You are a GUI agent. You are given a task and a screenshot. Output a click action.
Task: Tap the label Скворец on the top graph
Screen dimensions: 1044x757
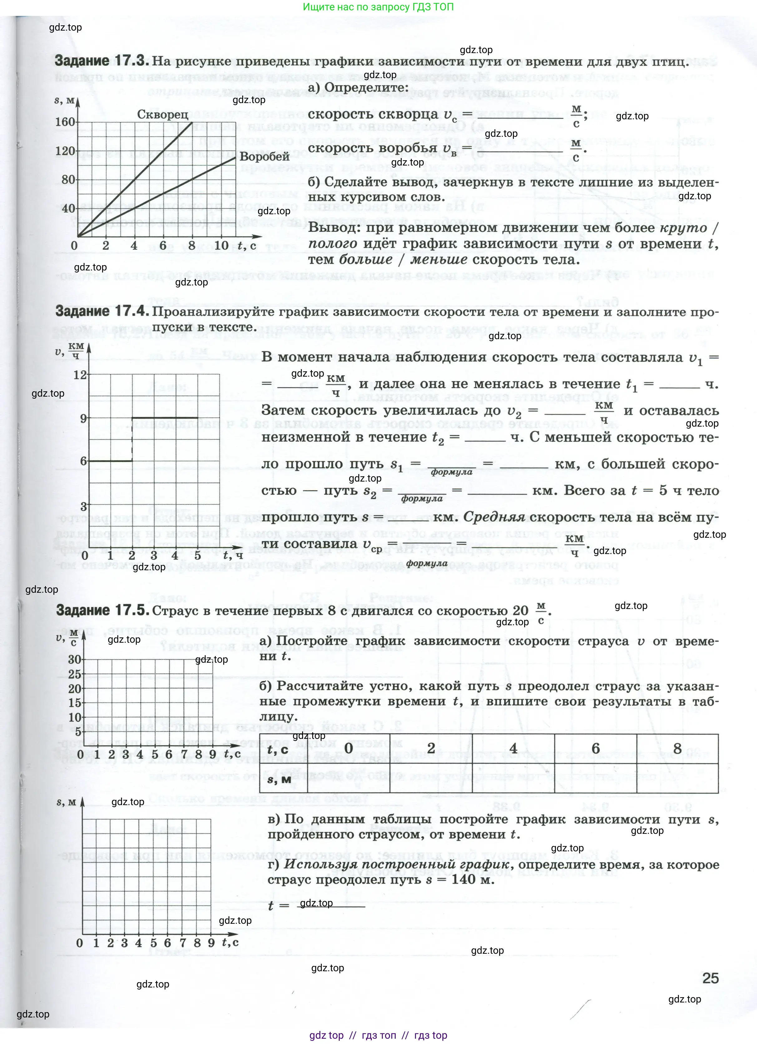pos(163,114)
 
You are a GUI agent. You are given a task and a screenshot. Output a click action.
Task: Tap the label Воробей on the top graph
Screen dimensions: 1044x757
pos(265,156)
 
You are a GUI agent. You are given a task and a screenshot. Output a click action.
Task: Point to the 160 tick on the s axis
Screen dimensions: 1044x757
pos(65,122)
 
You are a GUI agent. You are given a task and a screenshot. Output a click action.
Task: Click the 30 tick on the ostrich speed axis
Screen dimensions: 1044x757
pos(75,659)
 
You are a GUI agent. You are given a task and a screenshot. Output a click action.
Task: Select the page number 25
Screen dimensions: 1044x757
pos(710,978)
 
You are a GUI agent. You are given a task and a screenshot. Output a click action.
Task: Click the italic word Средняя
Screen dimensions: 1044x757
pos(494,517)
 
